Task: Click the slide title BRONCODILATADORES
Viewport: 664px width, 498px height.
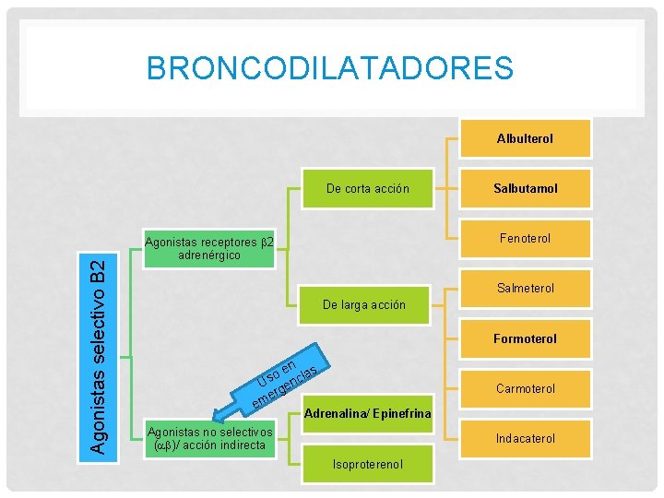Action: pyautogui.click(x=329, y=67)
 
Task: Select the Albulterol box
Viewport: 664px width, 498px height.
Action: pyautogui.click(x=525, y=138)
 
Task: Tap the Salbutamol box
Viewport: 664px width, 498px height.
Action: pyautogui.click(x=525, y=188)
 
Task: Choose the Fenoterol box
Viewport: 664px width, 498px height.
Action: pyautogui.click(x=525, y=238)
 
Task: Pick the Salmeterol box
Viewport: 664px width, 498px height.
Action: pyautogui.click(x=525, y=288)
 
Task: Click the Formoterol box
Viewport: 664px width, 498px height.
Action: pyautogui.click(x=525, y=338)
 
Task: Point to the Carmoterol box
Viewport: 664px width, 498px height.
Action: pyautogui.click(x=525, y=388)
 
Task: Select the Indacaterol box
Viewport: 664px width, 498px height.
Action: pyautogui.click(x=525, y=438)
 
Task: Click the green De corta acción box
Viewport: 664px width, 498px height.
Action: pyautogui.click(x=367, y=188)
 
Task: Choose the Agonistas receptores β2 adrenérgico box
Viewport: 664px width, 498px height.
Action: pyautogui.click(x=209, y=248)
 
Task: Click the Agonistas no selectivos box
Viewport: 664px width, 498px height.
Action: pyautogui.click(x=209, y=438)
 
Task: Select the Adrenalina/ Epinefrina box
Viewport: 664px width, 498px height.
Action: pyautogui.click(x=367, y=413)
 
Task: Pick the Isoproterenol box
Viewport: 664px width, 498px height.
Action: pyautogui.click(x=367, y=463)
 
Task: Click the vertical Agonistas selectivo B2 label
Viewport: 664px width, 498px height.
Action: pyautogui.click(x=107, y=355)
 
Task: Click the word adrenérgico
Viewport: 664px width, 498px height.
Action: pyautogui.click(x=209, y=255)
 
